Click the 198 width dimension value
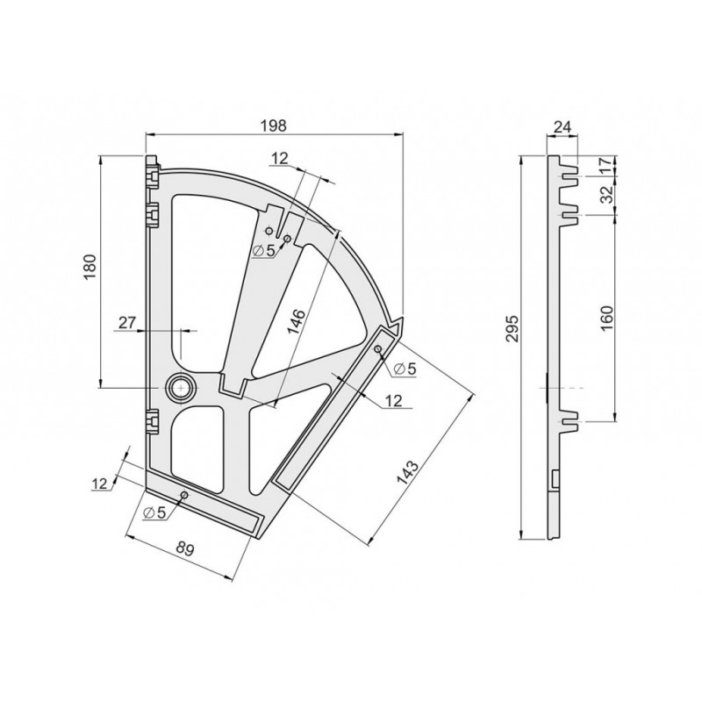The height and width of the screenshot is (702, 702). tap(274, 125)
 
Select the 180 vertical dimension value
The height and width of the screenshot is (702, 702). tap(90, 267)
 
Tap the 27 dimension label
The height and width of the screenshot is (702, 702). tap(126, 322)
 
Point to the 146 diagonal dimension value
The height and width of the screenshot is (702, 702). tap(296, 321)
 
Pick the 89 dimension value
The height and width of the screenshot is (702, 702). tap(185, 548)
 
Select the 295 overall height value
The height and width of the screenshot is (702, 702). tap(512, 328)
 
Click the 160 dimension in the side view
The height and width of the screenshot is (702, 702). tap(606, 318)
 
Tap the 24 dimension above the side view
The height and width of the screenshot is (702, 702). tap(562, 127)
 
